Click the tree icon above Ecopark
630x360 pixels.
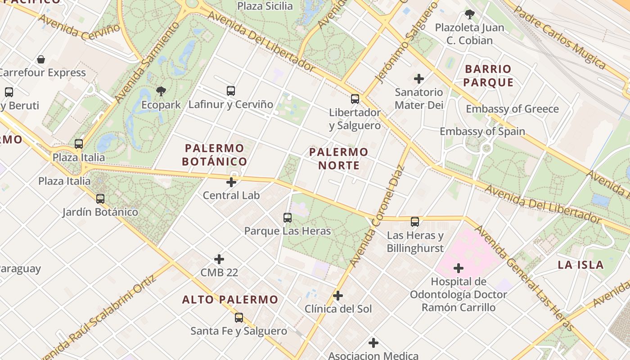pyautogui.click(x=161, y=91)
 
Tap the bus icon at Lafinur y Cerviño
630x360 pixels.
pyautogui.click(x=231, y=91)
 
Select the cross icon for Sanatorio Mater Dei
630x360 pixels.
pyautogui.click(x=419, y=79)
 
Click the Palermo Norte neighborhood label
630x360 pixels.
pyautogui.click(x=339, y=159)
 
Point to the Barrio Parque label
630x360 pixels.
pyautogui.click(x=488, y=76)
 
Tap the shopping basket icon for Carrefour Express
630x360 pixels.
pyautogui.click(x=41, y=59)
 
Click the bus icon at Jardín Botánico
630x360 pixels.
pyautogui.click(x=100, y=198)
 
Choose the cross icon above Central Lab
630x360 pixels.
pyautogui.click(x=231, y=182)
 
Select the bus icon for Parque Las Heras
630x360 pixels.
pyautogui.click(x=288, y=218)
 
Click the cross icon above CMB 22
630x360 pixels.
pyautogui.click(x=219, y=259)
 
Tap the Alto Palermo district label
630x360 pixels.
pyautogui.click(x=230, y=300)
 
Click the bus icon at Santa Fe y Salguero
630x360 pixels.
pyautogui.click(x=239, y=318)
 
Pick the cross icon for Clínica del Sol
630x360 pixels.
pyautogui.click(x=338, y=296)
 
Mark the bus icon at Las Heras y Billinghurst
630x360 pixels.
pyautogui.click(x=415, y=222)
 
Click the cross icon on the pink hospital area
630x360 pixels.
pyautogui.click(x=459, y=269)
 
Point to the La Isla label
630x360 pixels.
pyautogui.click(x=580, y=265)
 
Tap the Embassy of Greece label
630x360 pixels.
pyautogui.click(x=512, y=109)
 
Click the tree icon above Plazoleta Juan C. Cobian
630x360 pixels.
pyautogui.click(x=470, y=14)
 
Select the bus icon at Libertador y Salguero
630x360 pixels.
pyautogui.click(x=355, y=99)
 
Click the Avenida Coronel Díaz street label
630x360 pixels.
pyautogui.click(x=377, y=216)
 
